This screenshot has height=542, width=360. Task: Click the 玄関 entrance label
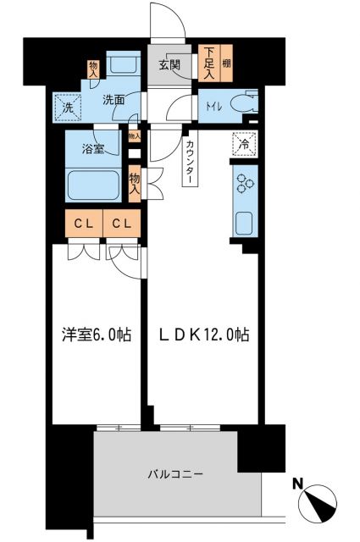(168, 64)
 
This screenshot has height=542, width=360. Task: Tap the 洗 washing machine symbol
(67, 107)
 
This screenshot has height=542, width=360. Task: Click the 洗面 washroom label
(114, 100)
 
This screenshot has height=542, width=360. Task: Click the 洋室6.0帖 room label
(96, 335)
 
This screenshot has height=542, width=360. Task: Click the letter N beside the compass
(296, 484)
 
